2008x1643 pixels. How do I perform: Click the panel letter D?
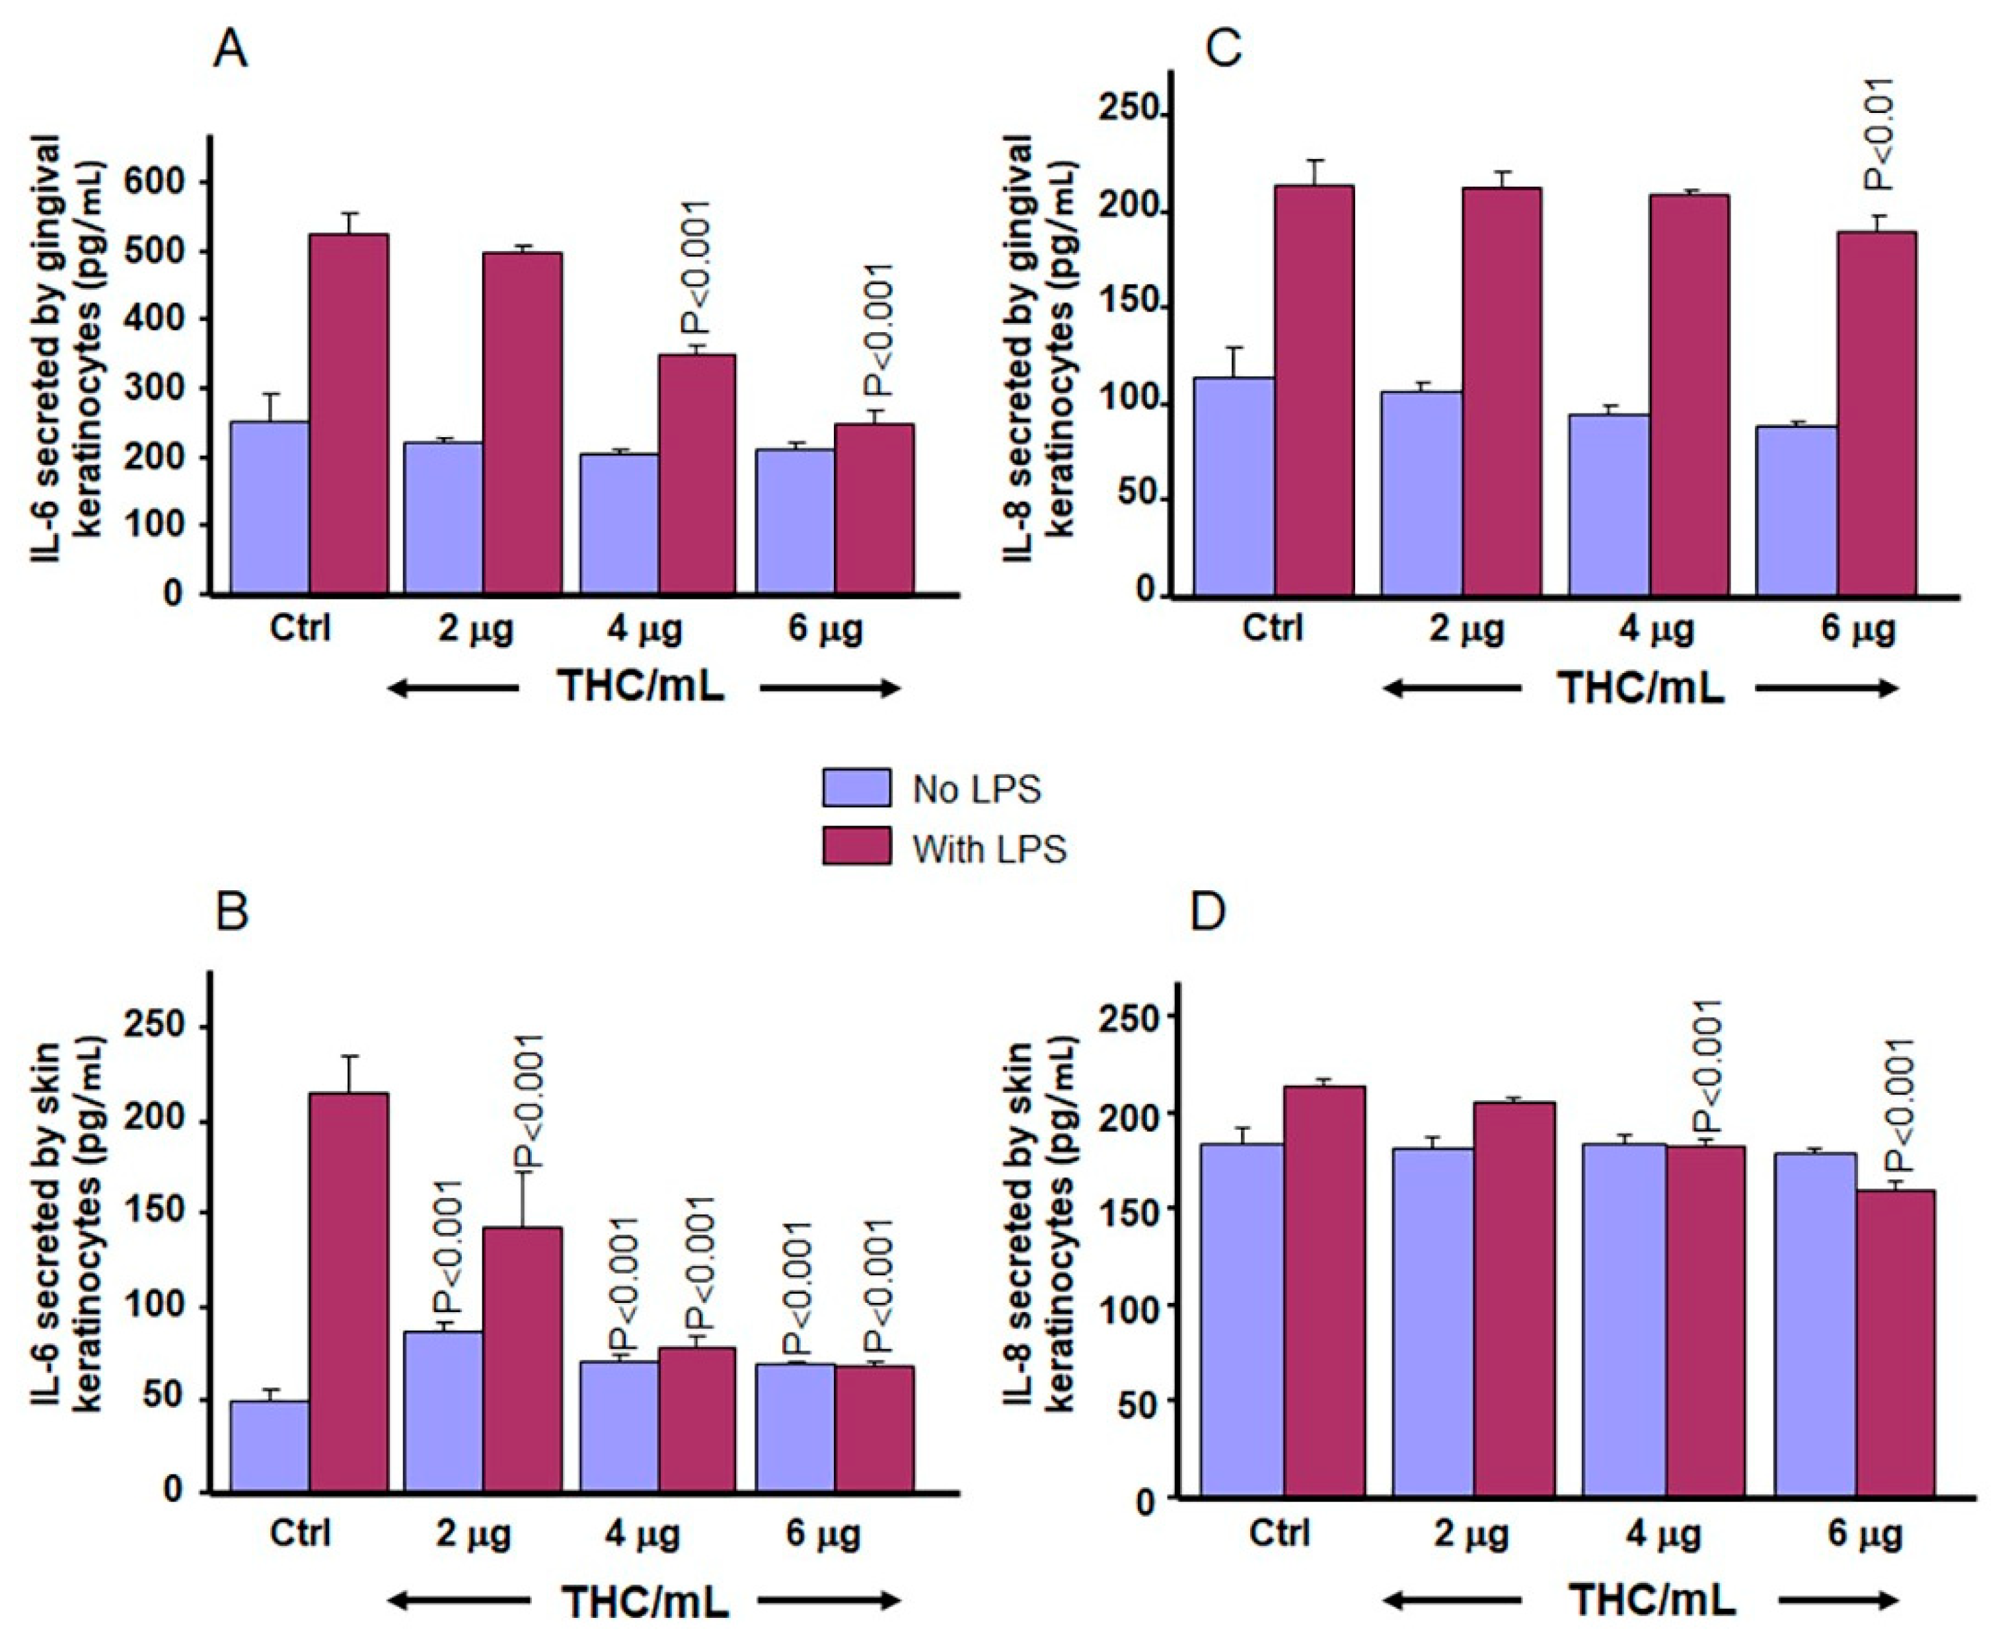point(1207,911)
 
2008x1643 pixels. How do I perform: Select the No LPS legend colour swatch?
point(856,787)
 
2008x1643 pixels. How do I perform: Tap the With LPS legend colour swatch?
point(856,846)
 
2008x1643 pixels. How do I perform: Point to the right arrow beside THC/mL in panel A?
point(829,688)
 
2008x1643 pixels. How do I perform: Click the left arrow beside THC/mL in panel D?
point(1452,1601)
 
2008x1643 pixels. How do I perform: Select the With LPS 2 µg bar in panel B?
point(523,1359)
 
